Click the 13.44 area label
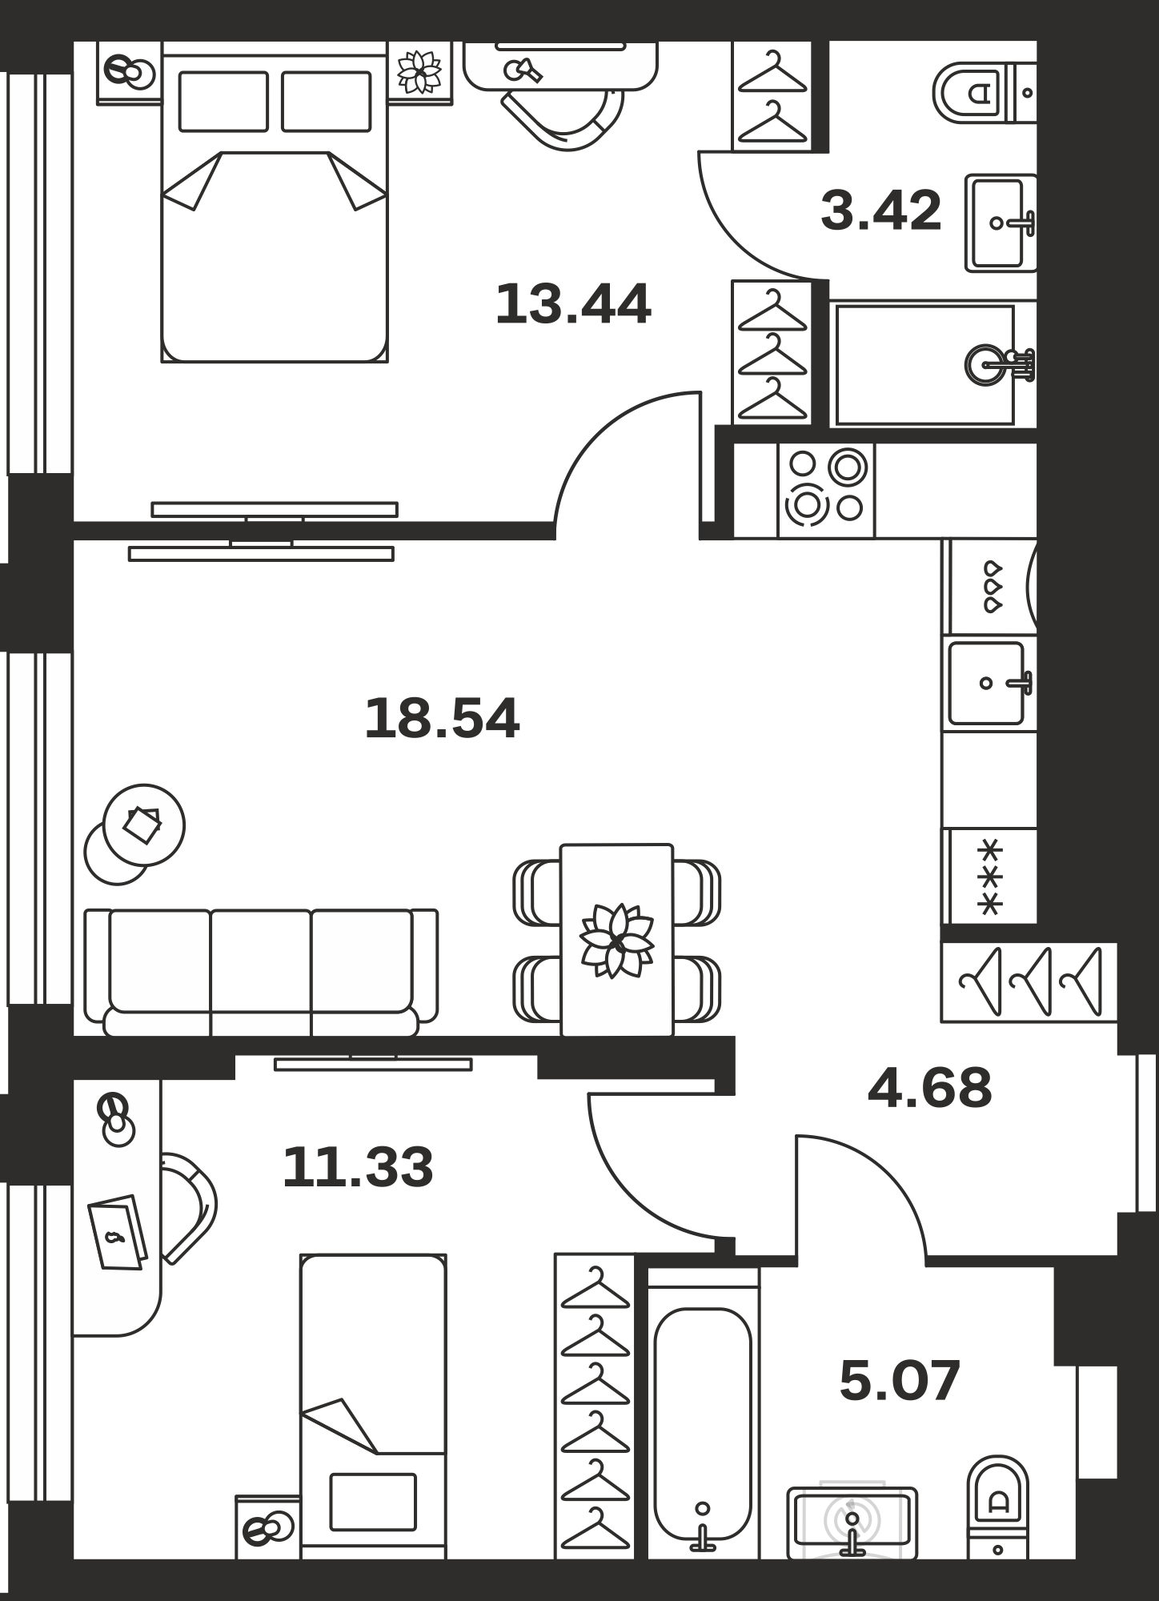[573, 304]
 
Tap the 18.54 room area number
[442, 718]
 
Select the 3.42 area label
[881, 211]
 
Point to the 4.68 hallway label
[929, 1088]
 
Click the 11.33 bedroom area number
[358, 1166]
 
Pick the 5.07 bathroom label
[900, 1381]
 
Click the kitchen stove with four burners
[827, 490]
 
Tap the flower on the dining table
[616, 941]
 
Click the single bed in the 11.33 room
[373, 1406]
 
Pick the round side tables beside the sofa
[134, 833]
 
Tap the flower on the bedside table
[420, 72]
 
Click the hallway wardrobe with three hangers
[1029, 982]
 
